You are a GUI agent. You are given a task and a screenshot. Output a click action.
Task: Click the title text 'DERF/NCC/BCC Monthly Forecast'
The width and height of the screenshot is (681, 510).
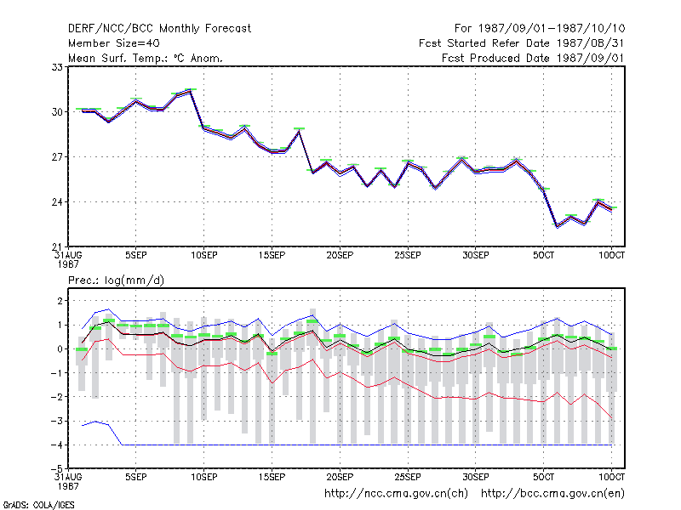(x=159, y=29)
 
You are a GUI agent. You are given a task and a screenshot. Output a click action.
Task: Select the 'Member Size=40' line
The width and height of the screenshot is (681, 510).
(x=114, y=43)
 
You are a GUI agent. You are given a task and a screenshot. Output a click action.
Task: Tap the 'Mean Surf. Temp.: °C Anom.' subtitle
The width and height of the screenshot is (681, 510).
(x=146, y=58)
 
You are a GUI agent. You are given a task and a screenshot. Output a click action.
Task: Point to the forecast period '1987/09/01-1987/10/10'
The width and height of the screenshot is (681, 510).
(x=552, y=29)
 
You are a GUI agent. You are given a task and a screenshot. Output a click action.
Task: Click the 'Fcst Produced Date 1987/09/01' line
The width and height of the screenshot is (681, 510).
(x=533, y=58)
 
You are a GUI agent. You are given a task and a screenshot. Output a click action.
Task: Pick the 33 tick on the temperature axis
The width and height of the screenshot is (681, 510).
(x=57, y=67)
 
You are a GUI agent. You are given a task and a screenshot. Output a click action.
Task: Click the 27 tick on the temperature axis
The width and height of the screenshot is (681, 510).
(x=57, y=156)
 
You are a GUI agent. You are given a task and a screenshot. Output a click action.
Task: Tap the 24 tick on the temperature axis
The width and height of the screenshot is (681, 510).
(x=57, y=202)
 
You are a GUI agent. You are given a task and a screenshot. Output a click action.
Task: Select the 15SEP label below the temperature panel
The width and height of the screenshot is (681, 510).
(x=272, y=256)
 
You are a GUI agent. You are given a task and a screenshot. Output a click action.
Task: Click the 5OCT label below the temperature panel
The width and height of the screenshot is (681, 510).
(x=543, y=256)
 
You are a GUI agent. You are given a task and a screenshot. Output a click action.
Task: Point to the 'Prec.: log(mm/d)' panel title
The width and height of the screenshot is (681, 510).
(x=116, y=280)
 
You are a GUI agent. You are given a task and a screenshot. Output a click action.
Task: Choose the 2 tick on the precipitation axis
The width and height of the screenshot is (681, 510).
(x=60, y=301)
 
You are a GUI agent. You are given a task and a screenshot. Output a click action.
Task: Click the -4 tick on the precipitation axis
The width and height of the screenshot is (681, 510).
(x=57, y=445)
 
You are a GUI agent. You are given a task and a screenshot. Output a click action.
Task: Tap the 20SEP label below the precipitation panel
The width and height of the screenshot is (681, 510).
(x=340, y=477)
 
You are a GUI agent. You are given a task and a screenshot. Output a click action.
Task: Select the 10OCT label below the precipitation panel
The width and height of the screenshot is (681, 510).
(x=611, y=477)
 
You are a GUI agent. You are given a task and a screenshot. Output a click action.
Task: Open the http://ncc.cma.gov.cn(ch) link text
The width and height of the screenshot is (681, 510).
(x=396, y=494)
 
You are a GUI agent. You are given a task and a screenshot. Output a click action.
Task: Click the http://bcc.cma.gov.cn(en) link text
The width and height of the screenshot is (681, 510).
(x=552, y=494)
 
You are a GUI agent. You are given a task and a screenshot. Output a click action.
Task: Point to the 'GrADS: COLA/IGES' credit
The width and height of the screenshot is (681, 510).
(x=38, y=505)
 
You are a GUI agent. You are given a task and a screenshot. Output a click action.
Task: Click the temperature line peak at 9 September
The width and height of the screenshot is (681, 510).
(x=190, y=92)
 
